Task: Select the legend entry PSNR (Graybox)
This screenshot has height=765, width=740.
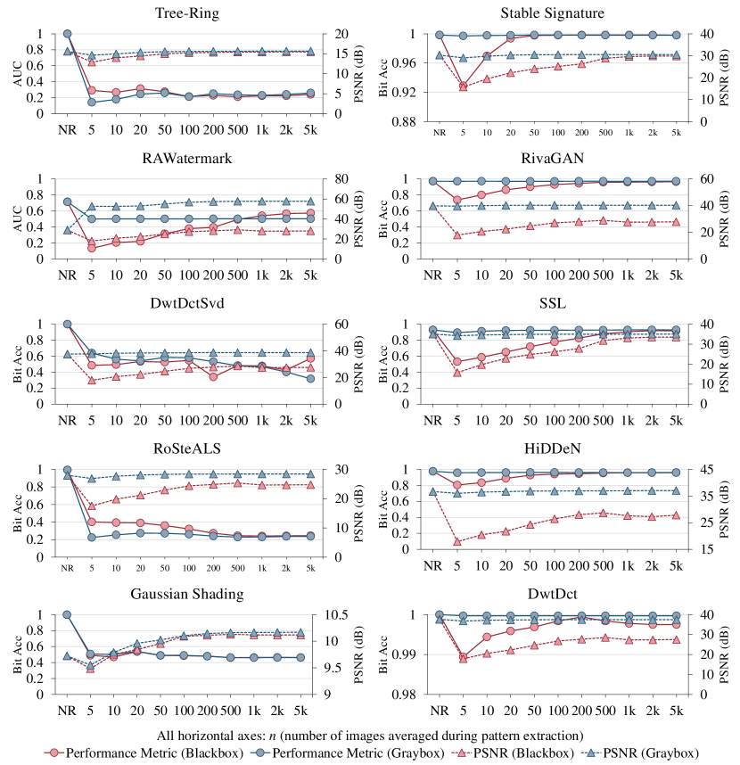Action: click(x=647, y=753)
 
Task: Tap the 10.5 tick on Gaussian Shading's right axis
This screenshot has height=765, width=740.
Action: click(x=336, y=615)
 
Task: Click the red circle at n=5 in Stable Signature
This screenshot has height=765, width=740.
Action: click(x=463, y=86)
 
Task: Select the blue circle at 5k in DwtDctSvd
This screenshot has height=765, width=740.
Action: click(x=309, y=379)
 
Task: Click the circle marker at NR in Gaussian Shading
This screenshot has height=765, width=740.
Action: click(x=67, y=614)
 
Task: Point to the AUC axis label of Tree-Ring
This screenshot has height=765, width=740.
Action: click(x=15, y=74)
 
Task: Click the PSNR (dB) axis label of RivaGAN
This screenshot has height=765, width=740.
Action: click(x=723, y=219)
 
